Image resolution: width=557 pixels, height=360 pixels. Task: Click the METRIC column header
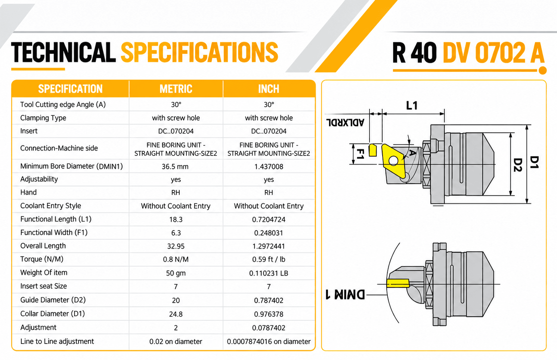(x=176, y=89)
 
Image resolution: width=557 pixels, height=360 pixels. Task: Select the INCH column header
(x=269, y=89)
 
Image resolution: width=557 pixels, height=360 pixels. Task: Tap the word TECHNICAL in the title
(x=64, y=52)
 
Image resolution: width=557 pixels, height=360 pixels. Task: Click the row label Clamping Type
(x=43, y=118)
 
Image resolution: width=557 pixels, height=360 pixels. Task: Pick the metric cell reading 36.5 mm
(x=175, y=166)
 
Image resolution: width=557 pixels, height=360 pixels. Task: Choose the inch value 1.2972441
(x=269, y=246)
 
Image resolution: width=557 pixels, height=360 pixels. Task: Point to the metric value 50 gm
(x=176, y=273)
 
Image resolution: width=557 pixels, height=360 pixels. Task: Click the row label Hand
(x=28, y=192)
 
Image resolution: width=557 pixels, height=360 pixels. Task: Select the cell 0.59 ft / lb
(x=269, y=259)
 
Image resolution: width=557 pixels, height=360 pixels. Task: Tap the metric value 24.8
(x=176, y=314)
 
